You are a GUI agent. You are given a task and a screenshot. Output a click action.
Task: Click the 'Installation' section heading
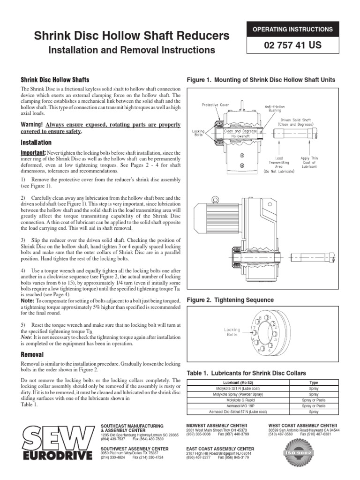[x=36, y=142]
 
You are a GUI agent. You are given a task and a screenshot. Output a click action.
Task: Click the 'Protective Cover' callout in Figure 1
[x=216, y=105]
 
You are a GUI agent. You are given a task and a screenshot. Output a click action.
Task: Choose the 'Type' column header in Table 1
[x=314, y=382]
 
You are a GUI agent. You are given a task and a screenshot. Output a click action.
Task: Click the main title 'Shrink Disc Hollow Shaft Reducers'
[x=126, y=36]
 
